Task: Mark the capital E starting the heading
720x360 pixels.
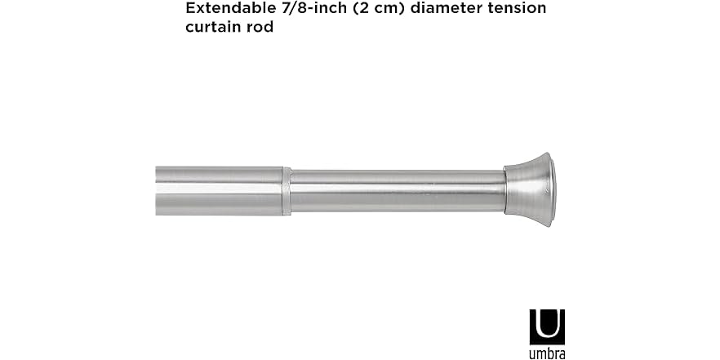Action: [x=191, y=9]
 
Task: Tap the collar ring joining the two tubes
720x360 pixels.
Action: [x=287, y=191]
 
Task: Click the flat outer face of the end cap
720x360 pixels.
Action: [x=548, y=189]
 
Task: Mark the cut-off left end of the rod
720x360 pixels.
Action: [x=158, y=191]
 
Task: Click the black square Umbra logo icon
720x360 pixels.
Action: [x=547, y=327]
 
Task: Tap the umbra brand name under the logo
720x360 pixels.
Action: [x=547, y=353]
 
